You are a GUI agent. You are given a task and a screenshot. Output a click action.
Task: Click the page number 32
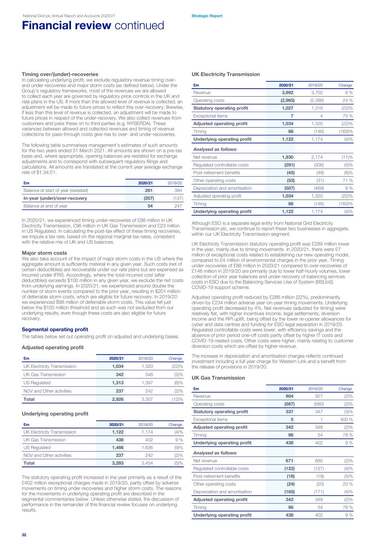[x=24, y=535]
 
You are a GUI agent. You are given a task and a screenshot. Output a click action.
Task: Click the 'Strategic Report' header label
[x=207, y=16]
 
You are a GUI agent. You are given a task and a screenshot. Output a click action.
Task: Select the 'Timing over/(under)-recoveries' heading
[x=60, y=74]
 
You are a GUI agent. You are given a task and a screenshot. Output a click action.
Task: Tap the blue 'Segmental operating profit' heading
[x=55, y=329]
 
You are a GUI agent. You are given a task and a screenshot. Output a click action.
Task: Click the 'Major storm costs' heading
[x=45, y=253]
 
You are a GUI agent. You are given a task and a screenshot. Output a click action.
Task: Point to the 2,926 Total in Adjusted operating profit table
[x=118, y=399]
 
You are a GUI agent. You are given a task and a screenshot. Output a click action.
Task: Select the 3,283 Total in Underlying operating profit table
[x=118, y=463]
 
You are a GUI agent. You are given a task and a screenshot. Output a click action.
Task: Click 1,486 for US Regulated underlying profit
[x=118, y=448]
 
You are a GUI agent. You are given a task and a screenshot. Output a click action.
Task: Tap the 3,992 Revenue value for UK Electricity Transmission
[x=288, y=93]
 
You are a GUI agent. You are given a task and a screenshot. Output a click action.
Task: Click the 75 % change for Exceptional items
[x=347, y=116]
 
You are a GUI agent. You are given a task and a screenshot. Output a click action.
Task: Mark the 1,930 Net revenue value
[x=288, y=157]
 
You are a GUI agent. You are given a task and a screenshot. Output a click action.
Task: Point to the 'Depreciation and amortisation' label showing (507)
[x=223, y=188]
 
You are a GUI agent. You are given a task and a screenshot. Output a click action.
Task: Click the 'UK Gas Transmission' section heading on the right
[x=218, y=378]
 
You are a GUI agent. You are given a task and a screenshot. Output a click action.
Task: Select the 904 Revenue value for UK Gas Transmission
[x=289, y=396]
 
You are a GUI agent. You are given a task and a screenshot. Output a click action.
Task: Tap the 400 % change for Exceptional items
[x=346, y=420]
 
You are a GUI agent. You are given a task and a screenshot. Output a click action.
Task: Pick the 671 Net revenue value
[x=289, y=461]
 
